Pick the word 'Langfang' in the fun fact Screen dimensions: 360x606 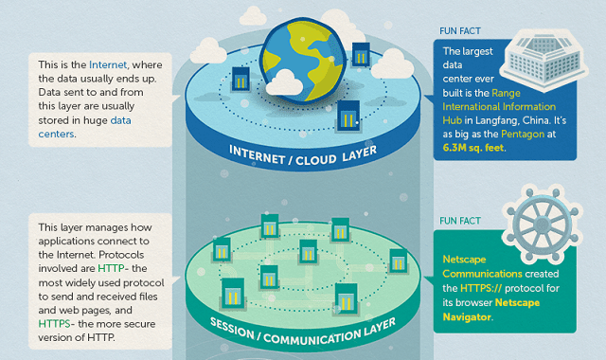point(491,121)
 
